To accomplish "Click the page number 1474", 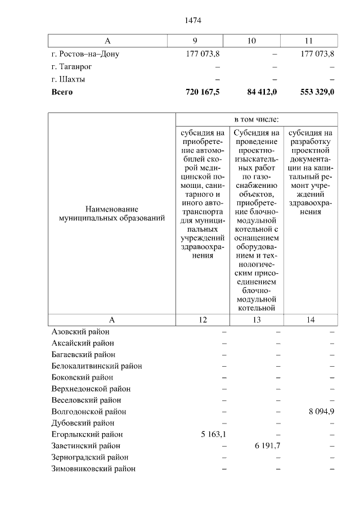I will [193, 21].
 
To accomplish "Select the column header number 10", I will [251, 41].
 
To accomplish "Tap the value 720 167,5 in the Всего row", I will [202, 92].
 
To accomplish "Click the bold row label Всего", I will [62, 92].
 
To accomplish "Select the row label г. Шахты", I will [67, 79].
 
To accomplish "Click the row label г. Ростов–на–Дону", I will [85, 55].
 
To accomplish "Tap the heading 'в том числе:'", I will [256, 120].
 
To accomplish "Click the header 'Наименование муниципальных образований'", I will [111, 214].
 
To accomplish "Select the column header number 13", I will [256, 319].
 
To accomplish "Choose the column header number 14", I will [311, 319].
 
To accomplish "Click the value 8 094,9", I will [321, 412].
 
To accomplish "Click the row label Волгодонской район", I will [88, 412].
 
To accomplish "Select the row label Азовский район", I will [80, 332].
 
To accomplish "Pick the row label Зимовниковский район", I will [93, 469].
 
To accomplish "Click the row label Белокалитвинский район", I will [96, 366].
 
